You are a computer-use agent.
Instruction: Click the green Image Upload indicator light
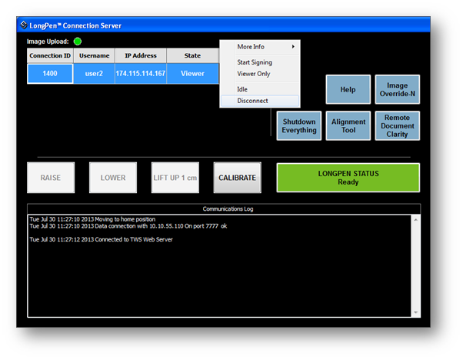[78, 42]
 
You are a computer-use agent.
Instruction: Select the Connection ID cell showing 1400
[50, 74]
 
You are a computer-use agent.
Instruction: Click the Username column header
[94, 55]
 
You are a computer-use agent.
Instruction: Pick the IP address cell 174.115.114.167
[141, 74]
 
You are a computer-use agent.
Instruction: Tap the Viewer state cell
[192, 74]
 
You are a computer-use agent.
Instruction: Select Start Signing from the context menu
[255, 62]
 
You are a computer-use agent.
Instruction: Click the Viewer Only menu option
[254, 74]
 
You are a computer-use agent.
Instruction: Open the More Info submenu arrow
[293, 46]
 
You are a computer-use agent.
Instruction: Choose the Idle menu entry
[242, 89]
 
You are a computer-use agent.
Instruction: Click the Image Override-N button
[397, 89]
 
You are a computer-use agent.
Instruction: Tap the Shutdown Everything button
[299, 126]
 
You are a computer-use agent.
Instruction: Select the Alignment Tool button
[348, 126]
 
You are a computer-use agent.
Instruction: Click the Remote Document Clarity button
[397, 126]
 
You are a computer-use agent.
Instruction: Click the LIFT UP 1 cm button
[175, 178]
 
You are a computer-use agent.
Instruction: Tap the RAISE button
[51, 178]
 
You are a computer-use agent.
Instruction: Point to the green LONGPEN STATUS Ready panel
[348, 178]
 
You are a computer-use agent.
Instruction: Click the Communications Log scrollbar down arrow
[416, 312]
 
